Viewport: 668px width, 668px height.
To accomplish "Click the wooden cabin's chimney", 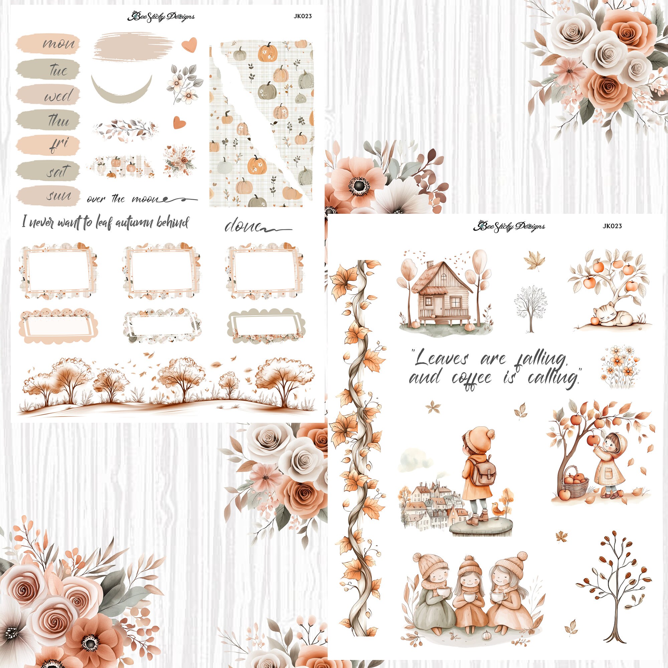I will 430,266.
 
